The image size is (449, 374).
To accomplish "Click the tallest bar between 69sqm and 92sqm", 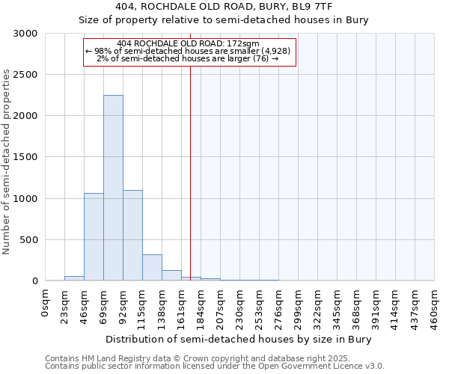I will (x=113, y=188).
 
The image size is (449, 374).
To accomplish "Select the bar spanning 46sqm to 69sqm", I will (x=94, y=237).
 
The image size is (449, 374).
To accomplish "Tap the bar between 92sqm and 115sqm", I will (x=132, y=236).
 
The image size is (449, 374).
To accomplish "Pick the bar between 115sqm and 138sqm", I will (x=152, y=268).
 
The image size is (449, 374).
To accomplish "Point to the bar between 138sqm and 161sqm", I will (x=171, y=275).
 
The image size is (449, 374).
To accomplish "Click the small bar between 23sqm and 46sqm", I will (x=74, y=278).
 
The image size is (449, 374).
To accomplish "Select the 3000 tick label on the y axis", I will (x=25, y=34).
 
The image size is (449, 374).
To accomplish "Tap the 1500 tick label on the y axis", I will (x=25, y=158).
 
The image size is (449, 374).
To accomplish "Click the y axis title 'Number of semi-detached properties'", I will (x=7, y=162).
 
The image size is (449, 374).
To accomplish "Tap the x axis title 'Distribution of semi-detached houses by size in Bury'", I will (x=239, y=339).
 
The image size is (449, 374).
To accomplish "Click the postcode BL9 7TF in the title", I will (x=326, y=6).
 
